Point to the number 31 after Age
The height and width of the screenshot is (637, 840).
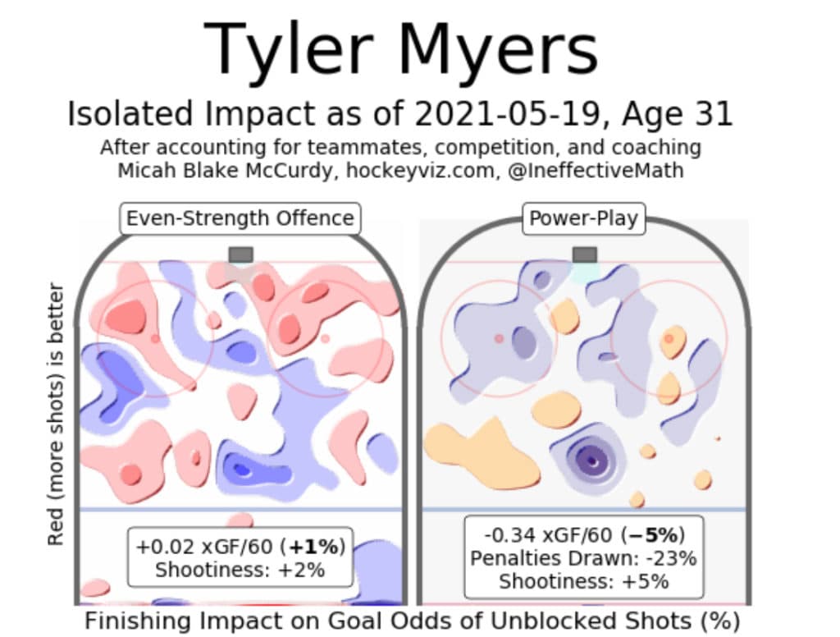point(713,114)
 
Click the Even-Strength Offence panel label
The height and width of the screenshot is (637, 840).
point(240,218)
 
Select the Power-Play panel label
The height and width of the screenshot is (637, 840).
point(584,218)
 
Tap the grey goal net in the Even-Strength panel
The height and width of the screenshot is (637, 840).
point(240,254)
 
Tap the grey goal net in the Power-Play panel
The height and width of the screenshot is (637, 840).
point(584,254)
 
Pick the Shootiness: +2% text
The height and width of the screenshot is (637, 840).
point(240,570)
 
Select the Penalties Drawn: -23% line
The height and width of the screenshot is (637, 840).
point(583,558)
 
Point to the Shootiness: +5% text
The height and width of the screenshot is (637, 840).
point(583,581)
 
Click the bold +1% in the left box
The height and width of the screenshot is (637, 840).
point(316,547)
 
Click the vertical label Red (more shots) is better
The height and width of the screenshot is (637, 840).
point(56,414)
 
